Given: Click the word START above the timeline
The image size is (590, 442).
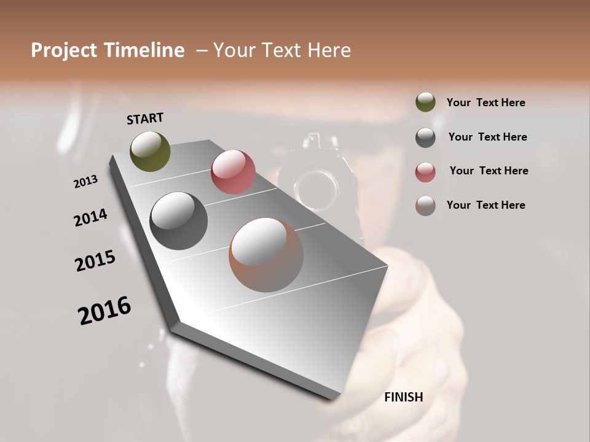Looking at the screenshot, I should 145,118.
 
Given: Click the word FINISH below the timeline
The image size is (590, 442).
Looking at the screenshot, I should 403,397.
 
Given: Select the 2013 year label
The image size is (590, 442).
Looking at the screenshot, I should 85,181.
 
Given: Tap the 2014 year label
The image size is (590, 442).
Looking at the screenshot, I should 91,217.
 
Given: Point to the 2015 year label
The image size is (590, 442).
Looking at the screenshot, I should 95,261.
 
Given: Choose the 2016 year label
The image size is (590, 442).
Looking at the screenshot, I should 104,310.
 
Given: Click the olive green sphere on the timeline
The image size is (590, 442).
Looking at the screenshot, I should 150,151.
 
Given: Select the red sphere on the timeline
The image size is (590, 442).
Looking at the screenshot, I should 233,172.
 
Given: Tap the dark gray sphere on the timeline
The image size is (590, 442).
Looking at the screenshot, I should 178,221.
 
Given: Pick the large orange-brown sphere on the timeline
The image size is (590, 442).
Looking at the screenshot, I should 265,255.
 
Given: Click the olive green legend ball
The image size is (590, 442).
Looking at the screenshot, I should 425,103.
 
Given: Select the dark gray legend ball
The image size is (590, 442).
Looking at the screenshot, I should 425,137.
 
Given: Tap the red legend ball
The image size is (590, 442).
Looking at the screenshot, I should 425,171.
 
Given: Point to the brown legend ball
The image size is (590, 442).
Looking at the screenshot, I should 425,206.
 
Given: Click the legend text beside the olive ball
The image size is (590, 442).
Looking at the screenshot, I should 486,103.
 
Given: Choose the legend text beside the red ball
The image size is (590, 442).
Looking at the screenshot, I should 489,171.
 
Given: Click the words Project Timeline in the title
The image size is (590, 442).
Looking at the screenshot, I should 108,50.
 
